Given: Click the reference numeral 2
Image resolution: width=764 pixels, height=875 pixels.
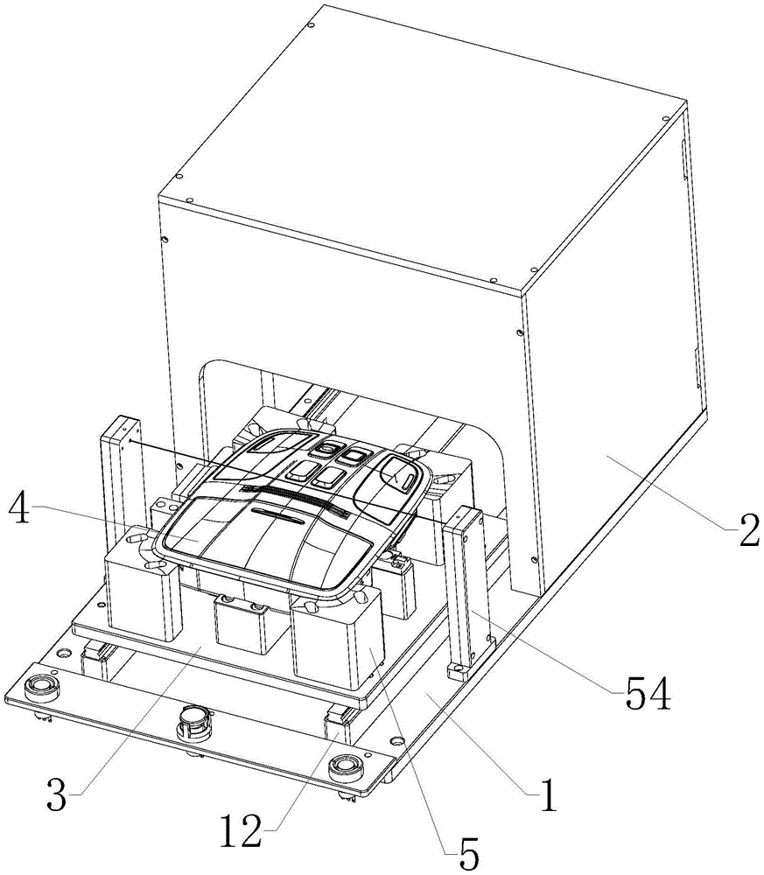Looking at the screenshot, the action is [746, 527].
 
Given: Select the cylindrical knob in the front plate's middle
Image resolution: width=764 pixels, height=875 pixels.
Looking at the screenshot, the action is [195, 722].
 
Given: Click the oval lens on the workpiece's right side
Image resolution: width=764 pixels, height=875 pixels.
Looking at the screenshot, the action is [403, 477].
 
